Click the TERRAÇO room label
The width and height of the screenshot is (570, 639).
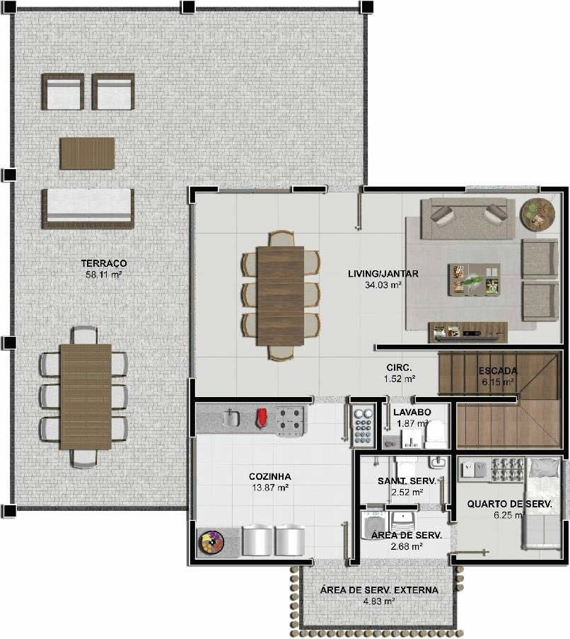pos(104,263)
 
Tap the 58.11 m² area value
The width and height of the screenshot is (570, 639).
pos(104,275)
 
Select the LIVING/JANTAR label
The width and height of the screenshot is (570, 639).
pos(383,273)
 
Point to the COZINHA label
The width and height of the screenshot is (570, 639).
pos(270,476)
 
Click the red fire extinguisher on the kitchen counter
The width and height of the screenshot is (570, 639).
pos(260,418)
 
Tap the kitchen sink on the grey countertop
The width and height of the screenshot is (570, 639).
pos(231,418)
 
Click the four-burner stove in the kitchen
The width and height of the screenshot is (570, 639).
pos(290,420)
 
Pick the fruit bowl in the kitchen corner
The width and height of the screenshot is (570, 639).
pos(211,542)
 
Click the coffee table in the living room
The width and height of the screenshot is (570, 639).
pos(475,279)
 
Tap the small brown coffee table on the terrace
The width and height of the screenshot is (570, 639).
pos(88,154)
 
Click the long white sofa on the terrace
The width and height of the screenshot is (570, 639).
pos(88,208)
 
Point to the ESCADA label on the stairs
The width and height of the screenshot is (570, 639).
pos(498,371)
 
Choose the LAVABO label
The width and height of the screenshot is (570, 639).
pos(412,412)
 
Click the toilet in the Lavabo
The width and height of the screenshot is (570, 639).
pos(435,434)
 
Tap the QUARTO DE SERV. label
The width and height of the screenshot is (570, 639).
pos(509,504)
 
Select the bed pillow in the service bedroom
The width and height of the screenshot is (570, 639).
pos(545,467)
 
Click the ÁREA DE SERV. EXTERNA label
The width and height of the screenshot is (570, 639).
pos(379,589)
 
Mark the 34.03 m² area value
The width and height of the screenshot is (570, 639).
pos(383,285)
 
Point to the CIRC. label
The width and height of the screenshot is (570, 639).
pos(399,367)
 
